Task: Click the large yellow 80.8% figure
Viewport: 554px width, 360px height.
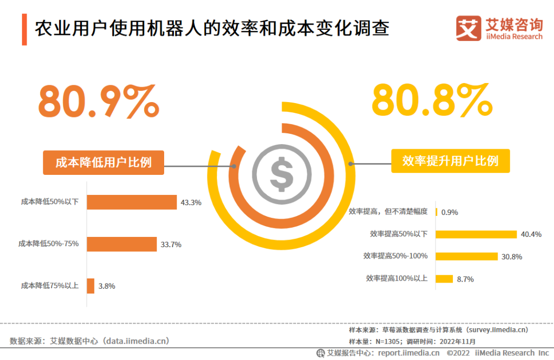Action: [432, 101]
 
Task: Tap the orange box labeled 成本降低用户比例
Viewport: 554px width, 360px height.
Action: [103, 163]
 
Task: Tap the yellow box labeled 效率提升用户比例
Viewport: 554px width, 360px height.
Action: [450, 161]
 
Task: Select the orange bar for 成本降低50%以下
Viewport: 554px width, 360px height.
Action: [131, 202]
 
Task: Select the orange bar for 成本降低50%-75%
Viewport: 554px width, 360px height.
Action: [122, 244]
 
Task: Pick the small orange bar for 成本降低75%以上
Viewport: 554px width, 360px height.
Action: [90, 286]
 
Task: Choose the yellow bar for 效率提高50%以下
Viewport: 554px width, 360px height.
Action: [476, 234]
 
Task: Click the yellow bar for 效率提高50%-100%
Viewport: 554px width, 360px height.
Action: [466, 256]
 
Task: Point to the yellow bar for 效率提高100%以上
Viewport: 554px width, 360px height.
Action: [444, 279]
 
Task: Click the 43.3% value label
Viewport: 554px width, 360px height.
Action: [191, 203]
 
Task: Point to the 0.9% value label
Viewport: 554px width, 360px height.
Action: [449, 212]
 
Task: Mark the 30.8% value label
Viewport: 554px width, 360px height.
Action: [511, 256]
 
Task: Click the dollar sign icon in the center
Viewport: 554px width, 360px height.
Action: [282, 174]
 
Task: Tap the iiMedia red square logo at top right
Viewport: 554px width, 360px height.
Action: [468, 28]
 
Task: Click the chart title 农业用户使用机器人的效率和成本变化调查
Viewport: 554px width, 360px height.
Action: [211, 28]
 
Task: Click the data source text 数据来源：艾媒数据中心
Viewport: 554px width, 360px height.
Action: [89, 341]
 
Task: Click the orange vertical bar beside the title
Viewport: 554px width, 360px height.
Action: [24, 29]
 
